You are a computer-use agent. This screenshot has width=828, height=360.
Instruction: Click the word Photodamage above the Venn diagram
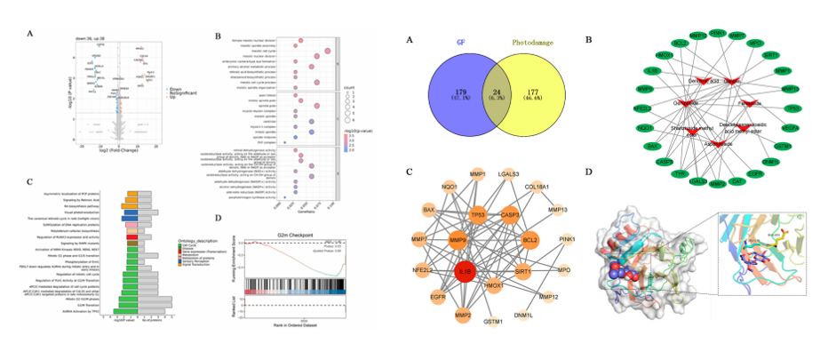(x=533, y=41)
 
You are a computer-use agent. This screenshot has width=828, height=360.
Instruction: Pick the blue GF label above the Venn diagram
(x=461, y=41)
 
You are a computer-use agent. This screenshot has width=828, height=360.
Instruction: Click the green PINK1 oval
(x=717, y=33)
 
